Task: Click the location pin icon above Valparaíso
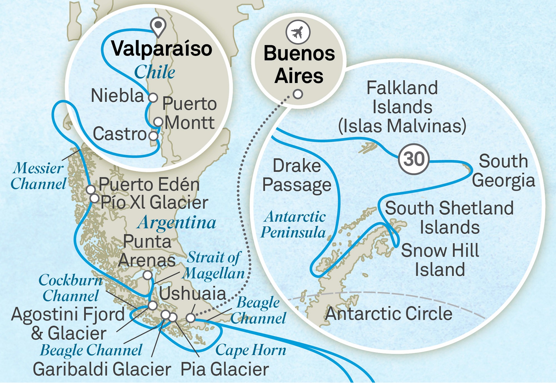(158, 26)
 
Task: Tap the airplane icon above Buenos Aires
(298, 32)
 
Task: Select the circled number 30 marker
(414, 159)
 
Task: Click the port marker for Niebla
(153, 98)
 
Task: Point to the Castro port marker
(153, 136)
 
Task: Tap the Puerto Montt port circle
(158, 122)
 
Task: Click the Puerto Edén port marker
(91, 190)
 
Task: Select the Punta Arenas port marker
(148, 275)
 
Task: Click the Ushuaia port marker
(190, 318)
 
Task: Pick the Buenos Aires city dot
(298, 94)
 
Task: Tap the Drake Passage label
(297, 175)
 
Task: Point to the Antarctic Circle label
(389, 314)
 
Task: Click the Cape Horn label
(250, 350)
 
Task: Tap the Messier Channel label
(38, 176)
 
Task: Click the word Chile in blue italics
(155, 72)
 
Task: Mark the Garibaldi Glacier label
(102, 369)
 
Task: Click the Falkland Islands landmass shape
(368, 146)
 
